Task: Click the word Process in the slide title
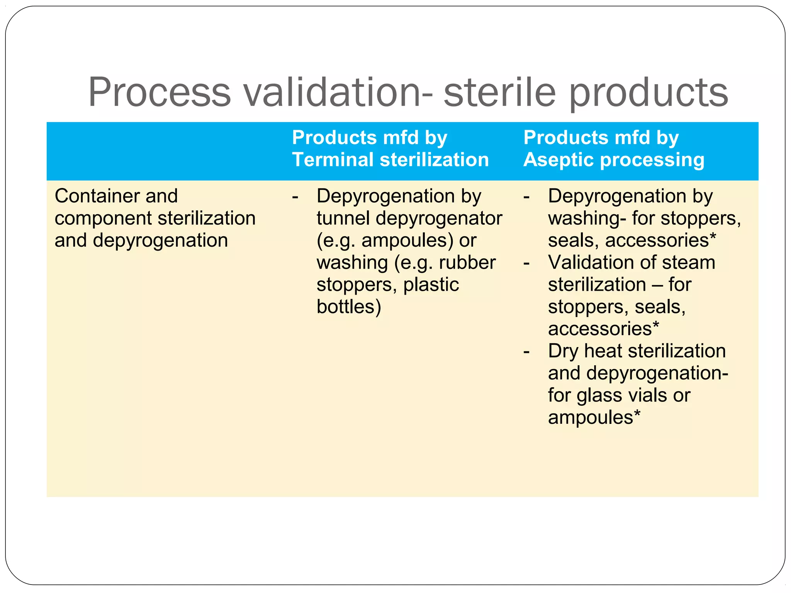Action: [160, 93]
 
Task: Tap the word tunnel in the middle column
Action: [343, 218]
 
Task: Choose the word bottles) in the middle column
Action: [349, 307]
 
